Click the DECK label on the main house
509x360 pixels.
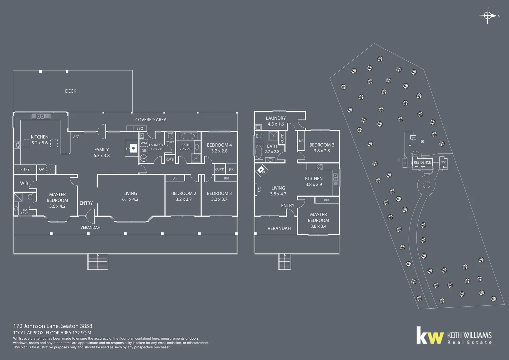point(71,91)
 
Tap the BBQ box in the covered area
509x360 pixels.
point(140,128)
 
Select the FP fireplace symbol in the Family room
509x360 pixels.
point(133,148)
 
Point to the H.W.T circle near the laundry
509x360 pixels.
point(143,158)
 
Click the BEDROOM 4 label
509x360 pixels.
point(219,145)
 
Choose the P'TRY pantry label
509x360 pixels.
point(25,169)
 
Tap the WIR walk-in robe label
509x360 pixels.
point(24,183)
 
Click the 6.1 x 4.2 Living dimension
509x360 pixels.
point(130,199)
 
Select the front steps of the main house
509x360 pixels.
point(98,261)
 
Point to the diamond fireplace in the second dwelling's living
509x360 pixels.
point(261,170)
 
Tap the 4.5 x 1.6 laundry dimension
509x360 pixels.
point(276,124)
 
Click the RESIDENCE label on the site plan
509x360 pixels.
point(422,163)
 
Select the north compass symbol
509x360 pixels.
point(488,16)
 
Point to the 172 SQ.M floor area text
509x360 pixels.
point(82,333)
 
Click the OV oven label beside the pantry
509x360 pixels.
point(41,169)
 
